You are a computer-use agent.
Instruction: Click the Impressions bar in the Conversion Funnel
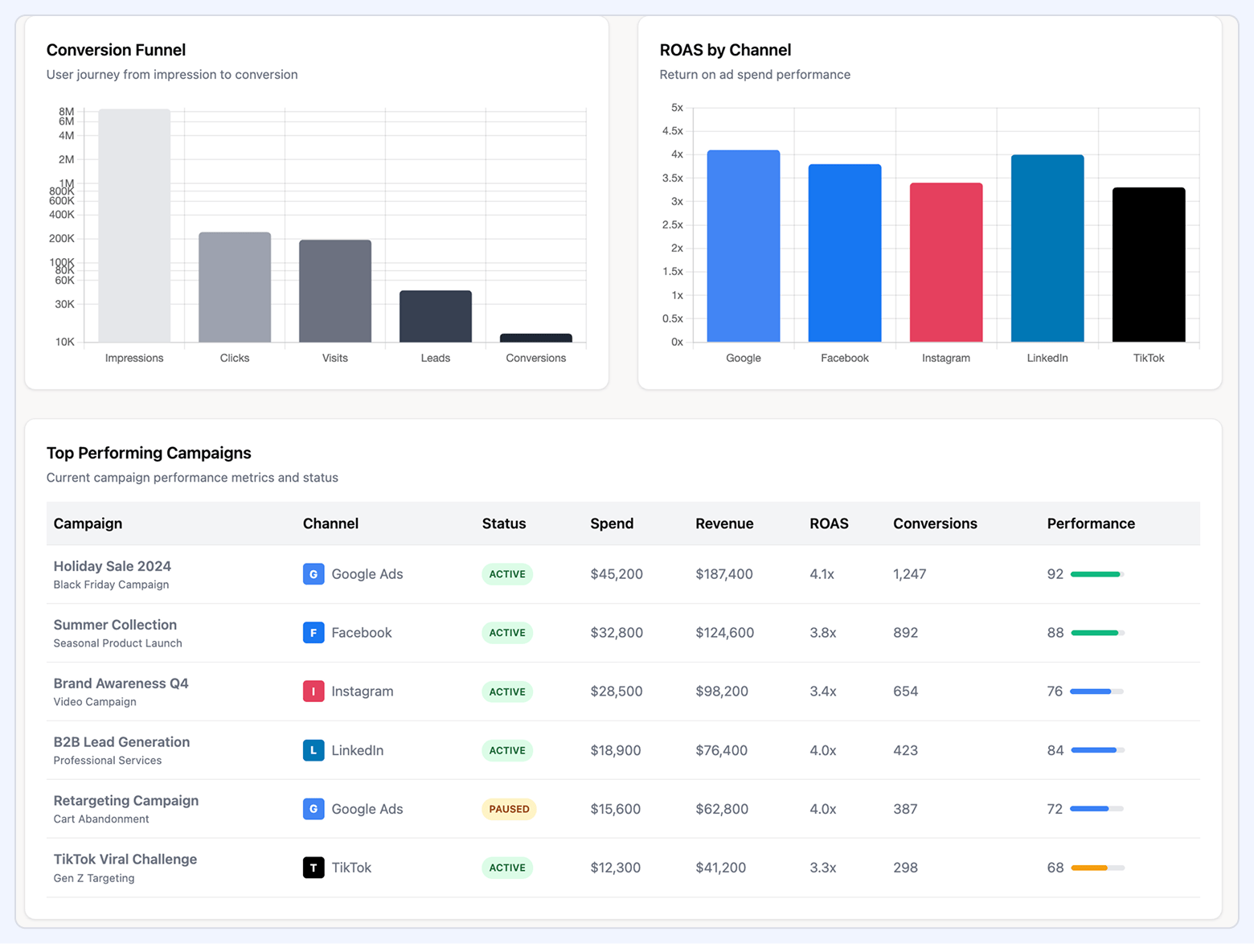(134, 225)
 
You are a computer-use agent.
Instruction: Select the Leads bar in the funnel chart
(435, 316)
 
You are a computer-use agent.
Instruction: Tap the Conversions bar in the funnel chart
(535, 338)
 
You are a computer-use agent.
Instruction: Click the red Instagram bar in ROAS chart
(945, 262)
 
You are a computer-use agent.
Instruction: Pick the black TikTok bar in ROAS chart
(1148, 265)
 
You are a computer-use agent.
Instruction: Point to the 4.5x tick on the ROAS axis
(672, 131)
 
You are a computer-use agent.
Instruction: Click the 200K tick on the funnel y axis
(62, 239)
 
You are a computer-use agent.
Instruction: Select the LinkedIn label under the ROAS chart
(1047, 358)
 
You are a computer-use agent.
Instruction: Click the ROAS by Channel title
(725, 50)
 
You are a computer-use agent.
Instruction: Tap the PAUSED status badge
(509, 809)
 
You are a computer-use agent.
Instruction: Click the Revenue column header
(723, 523)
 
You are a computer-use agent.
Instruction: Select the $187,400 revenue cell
(723, 574)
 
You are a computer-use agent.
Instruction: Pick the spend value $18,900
(615, 750)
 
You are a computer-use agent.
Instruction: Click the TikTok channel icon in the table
(313, 868)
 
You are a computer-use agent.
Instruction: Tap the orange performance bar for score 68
(1089, 868)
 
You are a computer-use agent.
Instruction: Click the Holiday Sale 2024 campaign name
(112, 566)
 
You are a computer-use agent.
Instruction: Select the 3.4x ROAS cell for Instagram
(822, 692)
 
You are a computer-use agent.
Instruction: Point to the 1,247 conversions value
(909, 574)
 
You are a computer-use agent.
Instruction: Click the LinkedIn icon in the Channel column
(313, 750)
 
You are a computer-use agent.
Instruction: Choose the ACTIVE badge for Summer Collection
(507, 633)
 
